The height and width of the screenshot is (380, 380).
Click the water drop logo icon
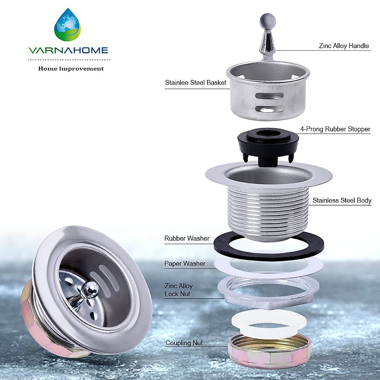click(x=68, y=25)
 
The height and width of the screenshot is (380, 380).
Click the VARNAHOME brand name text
click(x=68, y=50)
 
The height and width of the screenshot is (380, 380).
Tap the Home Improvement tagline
click(x=71, y=69)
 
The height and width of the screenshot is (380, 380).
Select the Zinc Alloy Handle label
click(x=344, y=46)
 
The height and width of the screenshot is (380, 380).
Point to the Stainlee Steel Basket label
click(x=195, y=83)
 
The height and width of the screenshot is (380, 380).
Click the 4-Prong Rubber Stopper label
click(x=335, y=129)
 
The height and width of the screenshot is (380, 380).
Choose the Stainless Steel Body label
click(x=342, y=200)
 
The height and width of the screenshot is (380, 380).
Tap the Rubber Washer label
click(x=187, y=238)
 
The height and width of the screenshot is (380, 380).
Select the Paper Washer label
click(x=185, y=263)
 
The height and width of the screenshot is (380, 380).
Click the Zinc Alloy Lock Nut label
click(x=178, y=290)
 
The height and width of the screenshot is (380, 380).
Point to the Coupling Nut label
click(x=184, y=343)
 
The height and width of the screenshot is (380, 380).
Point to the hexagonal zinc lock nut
click(x=269, y=298)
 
